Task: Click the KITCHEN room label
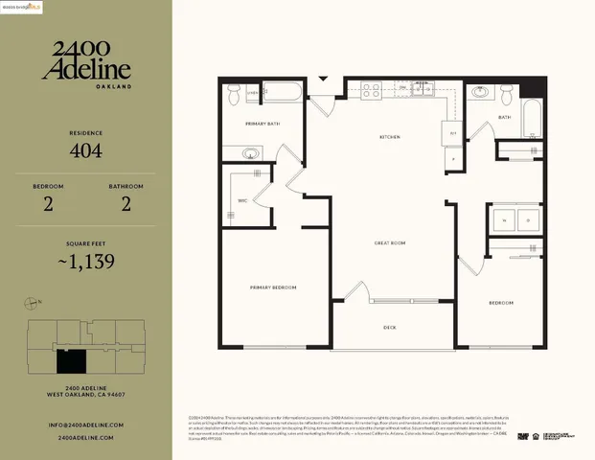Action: pos(389,137)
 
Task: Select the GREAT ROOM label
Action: pos(390,243)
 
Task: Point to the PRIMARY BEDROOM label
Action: pos(273,287)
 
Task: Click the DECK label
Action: pos(390,327)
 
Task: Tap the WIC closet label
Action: pos(243,200)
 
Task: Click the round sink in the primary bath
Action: pos(251,153)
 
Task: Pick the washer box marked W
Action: pos(505,220)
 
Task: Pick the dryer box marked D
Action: pos(528,220)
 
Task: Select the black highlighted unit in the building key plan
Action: pos(70,360)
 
